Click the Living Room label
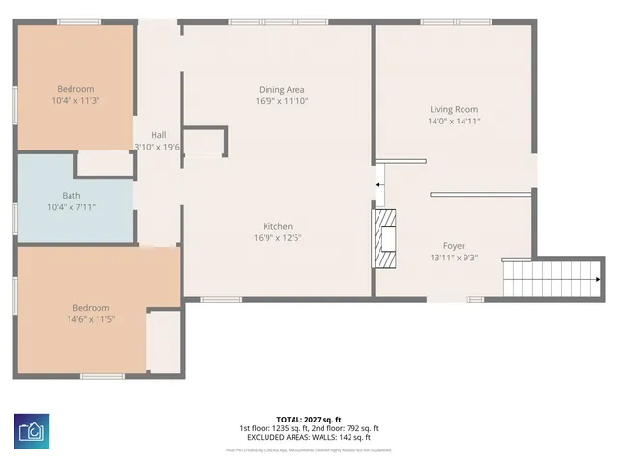(454, 109)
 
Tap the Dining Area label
(281, 89)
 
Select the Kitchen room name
(277, 226)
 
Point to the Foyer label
(454, 246)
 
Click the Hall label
(159, 135)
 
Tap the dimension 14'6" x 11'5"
(91, 319)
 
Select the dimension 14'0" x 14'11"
(454, 121)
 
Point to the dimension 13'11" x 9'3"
(454, 258)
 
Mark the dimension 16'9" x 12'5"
(277, 237)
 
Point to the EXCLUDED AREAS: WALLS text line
(309, 437)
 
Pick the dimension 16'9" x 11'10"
(281, 100)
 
